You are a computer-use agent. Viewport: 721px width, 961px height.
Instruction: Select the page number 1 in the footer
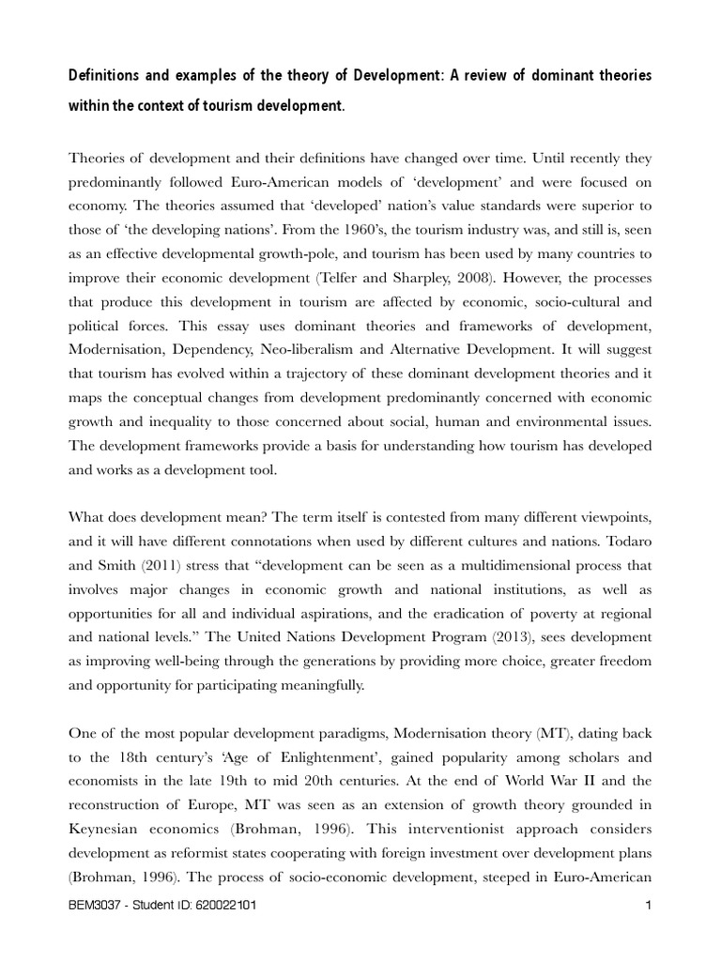[x=648, y=907]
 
